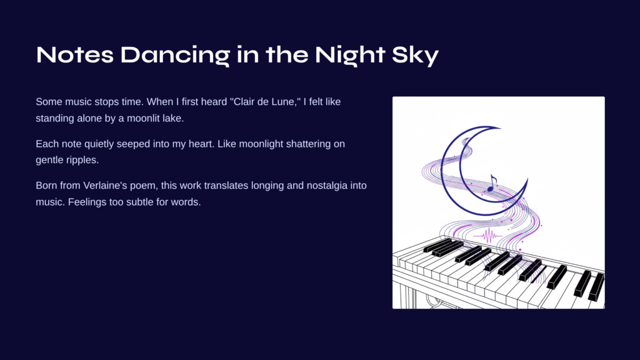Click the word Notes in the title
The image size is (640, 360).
pyautogui.click(x=75, y=55)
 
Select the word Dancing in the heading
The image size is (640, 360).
pyautogui.click(x=175, y=56)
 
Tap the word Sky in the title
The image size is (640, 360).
pyautogui.click(x=415, y=56)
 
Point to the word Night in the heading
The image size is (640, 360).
pyautogui.click(x=350, y=56)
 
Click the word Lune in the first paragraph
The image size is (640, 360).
pyautogui.click(x=284, y=102)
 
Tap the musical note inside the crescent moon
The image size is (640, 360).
pyautogui.click(x=492, y=183)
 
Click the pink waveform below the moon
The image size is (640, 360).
pyautogui.click(x=488, y=236)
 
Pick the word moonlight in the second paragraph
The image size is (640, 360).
pyautogui.click(x=261, y=144)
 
